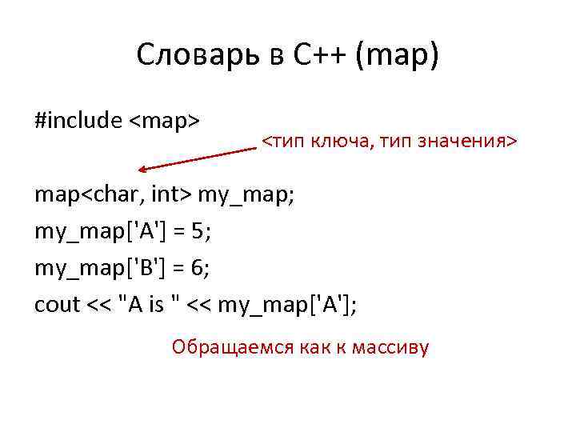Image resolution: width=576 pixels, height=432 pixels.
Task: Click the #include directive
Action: (x=78, y=121)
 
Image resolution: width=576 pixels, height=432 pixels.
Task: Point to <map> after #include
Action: (x=165, y=121)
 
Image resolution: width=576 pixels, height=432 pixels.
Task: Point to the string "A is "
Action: (x=156, y=305)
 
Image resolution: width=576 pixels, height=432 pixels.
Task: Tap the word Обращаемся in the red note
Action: (x=226, y=349)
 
